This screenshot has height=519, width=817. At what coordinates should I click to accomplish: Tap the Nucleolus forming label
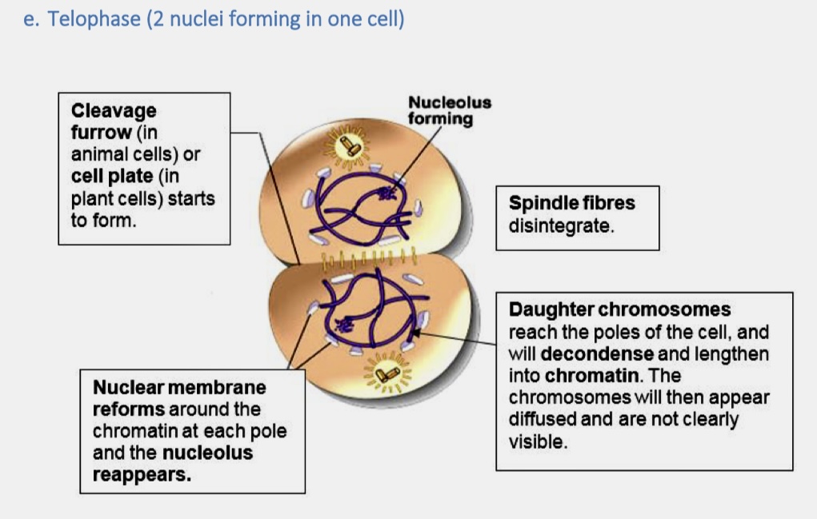(x=449, y=111)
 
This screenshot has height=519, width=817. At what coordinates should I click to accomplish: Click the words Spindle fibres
(x=571, y=203)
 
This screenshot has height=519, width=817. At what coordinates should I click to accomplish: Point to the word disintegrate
(x=561, y=226)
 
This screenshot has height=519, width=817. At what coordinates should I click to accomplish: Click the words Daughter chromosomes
(x=619, y=309)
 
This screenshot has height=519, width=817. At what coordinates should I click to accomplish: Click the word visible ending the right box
(x=538, y=441)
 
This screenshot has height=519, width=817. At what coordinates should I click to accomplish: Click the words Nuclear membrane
(x=179, y=388)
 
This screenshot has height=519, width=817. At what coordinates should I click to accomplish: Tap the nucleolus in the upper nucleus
(x=390, y=192)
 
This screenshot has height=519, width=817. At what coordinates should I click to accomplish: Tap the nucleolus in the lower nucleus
(x=345, y=324)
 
